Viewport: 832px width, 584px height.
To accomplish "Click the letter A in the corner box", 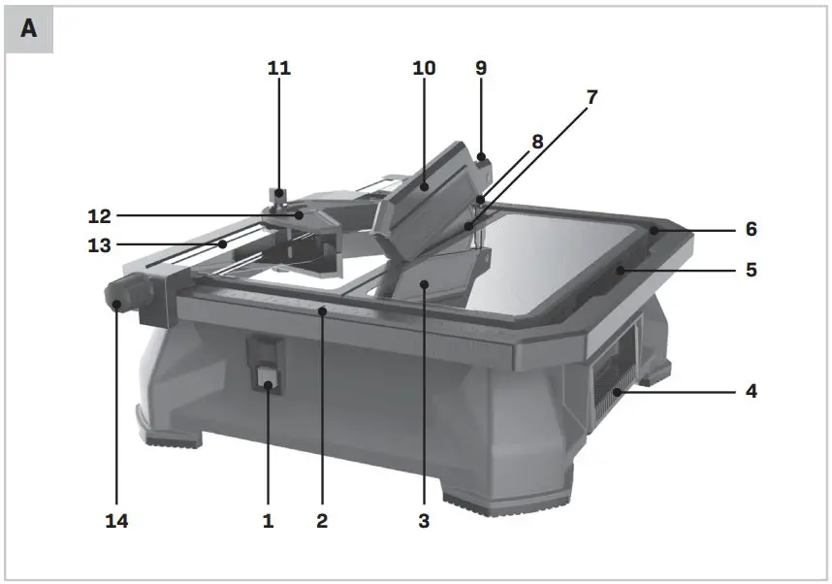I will point(29,29).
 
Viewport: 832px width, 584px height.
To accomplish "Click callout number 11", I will point(279,68).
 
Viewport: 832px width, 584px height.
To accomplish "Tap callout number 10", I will point(424,68).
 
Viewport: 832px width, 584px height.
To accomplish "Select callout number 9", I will point(481,68).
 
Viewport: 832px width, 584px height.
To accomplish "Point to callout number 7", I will point(592,97).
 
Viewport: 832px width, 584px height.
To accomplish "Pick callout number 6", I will point(751,230).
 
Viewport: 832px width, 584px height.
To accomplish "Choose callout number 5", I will point(751,271).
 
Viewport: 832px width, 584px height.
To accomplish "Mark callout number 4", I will point(751,392).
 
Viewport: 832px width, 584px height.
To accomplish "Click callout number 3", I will point(424,521).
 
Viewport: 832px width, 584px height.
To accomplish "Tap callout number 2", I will point(322,521).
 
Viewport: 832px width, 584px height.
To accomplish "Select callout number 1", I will point(269,521).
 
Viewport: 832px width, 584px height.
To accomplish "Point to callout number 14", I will point(116,521).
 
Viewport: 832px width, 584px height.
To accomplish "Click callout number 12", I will point(101,214).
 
